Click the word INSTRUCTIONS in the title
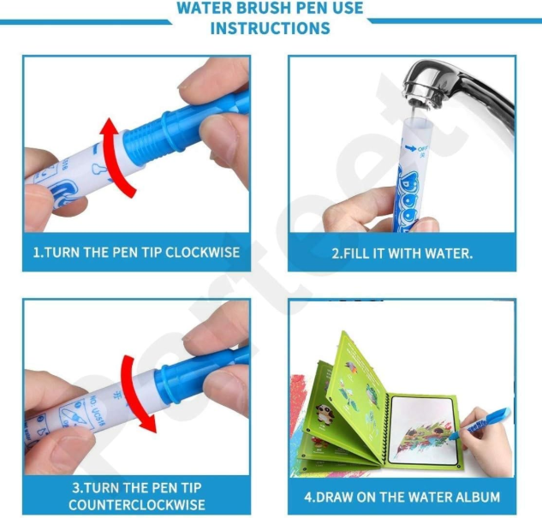click(270, 28)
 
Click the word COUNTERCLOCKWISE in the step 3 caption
click(136, 504)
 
